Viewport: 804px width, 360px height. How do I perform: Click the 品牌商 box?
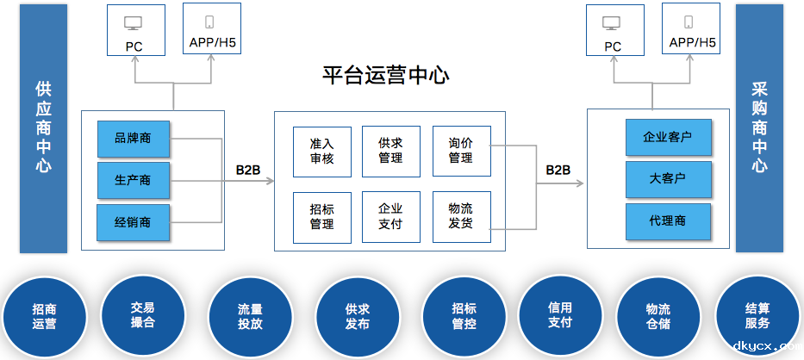tap(133, 139)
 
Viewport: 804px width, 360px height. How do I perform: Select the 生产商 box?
tap(133, 180)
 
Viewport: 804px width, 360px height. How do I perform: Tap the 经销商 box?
tap(133, 221)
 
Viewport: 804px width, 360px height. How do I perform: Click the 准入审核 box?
tap(321, 151)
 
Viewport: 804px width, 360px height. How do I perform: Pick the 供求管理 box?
tap(390, 151)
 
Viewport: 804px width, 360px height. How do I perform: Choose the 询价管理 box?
tap(461, 151)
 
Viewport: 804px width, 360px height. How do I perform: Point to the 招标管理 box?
tap(321, 216)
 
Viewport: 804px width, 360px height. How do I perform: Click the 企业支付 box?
tap(390, 216)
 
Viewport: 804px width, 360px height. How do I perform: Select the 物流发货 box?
tap(461, 216)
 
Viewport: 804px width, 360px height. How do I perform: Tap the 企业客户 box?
tap(668, 137)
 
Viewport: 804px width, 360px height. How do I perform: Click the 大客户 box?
tap(668, 179)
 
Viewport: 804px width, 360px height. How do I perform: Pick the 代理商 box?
tap(668, 221)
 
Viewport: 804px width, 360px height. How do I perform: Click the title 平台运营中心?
tap(385, 76)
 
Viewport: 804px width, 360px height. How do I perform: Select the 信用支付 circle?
tap(560, 314)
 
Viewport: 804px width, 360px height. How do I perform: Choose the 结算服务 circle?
tap(757, 315)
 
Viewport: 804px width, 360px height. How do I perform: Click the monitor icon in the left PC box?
tap(134, 23)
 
